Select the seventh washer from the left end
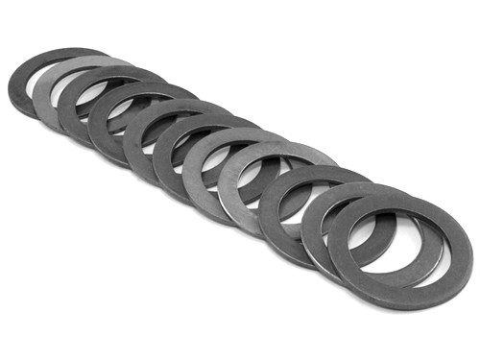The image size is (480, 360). point(192,173)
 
